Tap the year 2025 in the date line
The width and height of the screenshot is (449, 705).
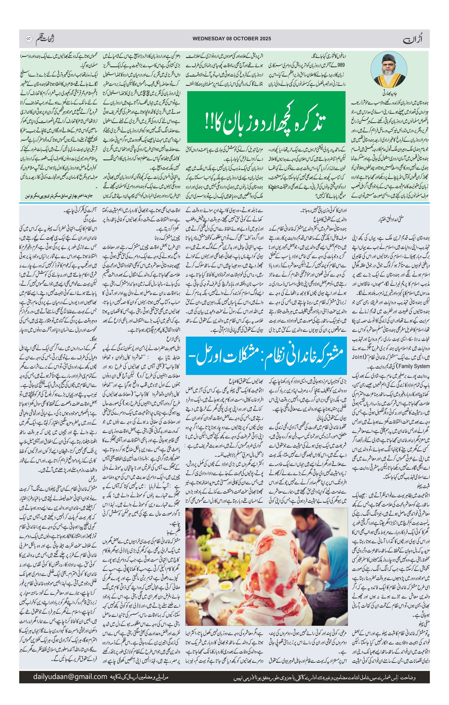coord(264,39)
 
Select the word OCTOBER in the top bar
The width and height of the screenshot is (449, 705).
coord(246,39)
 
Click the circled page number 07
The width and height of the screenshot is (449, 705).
coord(29,39)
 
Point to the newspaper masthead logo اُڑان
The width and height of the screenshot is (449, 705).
coord(417,39)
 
